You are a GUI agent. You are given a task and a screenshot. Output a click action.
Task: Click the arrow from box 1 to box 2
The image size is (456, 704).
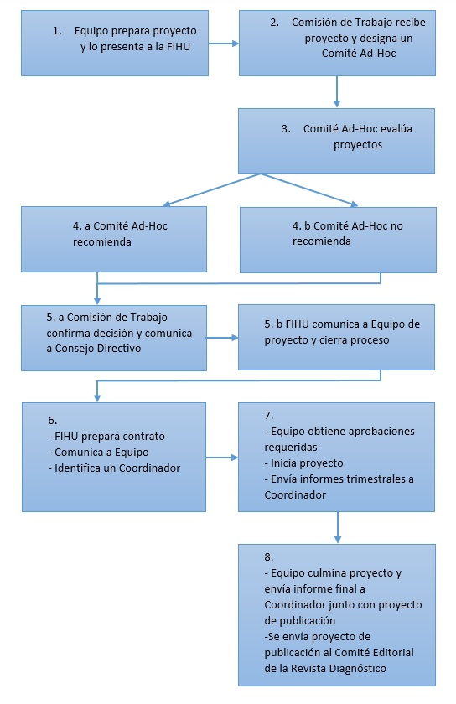point(224,44)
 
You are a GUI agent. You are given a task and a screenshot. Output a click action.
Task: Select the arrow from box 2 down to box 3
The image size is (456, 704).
point(337,91)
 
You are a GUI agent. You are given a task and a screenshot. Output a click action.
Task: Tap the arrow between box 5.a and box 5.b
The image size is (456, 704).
point(222,338)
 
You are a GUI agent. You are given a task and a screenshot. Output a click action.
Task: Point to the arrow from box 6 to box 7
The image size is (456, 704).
point(222,458)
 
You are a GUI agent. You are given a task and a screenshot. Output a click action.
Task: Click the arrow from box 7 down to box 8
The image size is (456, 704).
point(338,527)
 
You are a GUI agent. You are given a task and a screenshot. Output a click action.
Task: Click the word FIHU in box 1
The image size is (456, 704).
point(178,47)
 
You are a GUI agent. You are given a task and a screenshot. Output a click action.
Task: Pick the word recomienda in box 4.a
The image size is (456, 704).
point(102,242)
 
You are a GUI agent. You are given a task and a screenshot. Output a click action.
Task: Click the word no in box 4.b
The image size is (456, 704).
point(396,225)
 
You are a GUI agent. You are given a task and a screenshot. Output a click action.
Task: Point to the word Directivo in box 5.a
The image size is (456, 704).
point(119,349)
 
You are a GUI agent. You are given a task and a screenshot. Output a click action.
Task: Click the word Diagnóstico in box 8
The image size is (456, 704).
point(358,669)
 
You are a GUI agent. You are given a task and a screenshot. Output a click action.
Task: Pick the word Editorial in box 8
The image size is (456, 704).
point(392,652)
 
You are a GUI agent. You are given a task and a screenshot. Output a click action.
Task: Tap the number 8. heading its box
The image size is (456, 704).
point(269,557)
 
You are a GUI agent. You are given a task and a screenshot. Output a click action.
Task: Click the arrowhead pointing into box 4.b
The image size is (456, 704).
point(354,204)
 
